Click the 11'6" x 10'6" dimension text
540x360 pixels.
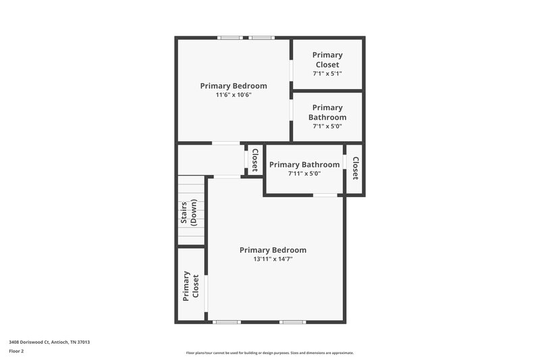(234, 95)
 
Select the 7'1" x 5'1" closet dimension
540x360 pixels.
(327, 73)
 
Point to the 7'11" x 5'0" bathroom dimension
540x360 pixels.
(304, 174)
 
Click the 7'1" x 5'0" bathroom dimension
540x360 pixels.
(327, 126)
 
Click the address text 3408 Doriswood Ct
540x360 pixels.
(49, 342)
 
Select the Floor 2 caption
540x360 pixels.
(17, 351)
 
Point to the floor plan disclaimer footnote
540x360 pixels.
(270, 353)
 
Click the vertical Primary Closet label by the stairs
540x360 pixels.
(191, 285)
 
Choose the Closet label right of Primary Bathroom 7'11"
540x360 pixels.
(355, 168)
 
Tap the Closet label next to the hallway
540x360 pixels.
(255, 160)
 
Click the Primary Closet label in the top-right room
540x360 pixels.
(327, 59)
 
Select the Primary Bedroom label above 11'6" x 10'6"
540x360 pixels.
(234, 86)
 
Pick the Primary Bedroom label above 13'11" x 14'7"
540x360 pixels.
(273, 250)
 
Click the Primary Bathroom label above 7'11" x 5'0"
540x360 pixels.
(304, 165)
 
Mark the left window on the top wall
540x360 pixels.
(230, 38)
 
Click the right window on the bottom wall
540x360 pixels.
(292, 322)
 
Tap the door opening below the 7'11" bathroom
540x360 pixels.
(325, 195)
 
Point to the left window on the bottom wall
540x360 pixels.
(227, 322)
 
